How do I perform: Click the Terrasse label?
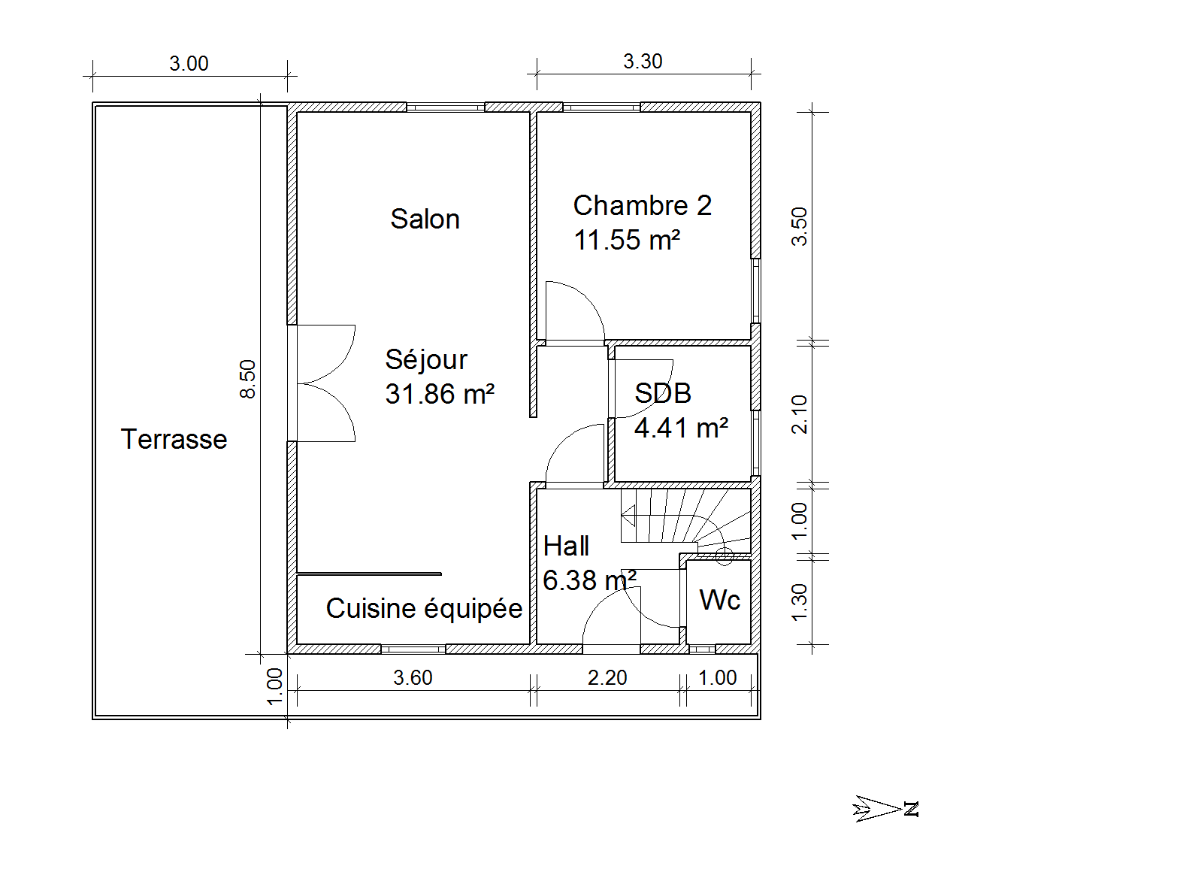(x=174, y=439)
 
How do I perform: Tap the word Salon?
(x=425, y=219)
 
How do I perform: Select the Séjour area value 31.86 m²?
(x=440, y=394)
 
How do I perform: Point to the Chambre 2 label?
(x=642, y=205)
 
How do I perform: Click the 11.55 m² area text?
(x=627, y=240)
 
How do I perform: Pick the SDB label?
(x=662, y=393)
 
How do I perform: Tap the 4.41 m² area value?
(x=681, y=428)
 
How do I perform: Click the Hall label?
(x=566, y=546)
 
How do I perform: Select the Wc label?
(x=719, y=600)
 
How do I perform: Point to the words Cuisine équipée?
(x=424, y=608)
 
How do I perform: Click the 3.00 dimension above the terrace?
(x=189, y=64)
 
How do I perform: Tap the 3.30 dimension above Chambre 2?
(x=643, y=62)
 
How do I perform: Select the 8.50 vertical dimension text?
(x=248, y=379)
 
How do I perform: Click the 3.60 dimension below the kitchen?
(x=413, y=678)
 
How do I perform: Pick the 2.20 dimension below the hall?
(x=607, y=678)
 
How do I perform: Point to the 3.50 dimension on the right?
(x=800, y=226)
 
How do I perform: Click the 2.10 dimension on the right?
(x=800, y=414)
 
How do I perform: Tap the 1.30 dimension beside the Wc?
(x=800, y=603)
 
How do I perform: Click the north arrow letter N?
(x=911, y=810)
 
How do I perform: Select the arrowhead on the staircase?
(x=628, y=516)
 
